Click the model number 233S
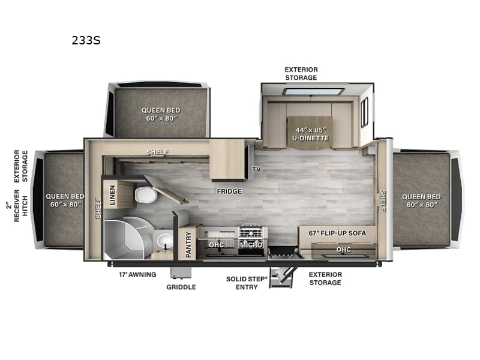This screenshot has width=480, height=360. tap(86, 40)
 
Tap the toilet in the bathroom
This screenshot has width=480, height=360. tap(146, 194)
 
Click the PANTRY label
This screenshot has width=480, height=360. tap(188, 244)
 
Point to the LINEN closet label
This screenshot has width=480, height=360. tap(112, 194)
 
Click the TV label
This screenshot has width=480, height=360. tap(257, 169)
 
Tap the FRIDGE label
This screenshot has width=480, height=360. tap(229, 191)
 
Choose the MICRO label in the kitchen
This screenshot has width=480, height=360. tap(251, 245)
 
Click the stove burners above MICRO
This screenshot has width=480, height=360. tap(251, 232)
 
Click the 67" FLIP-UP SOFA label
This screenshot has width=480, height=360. tap(337, 233)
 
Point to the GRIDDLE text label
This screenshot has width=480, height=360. tap(181, 287)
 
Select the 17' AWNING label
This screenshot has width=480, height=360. tap(137, 275)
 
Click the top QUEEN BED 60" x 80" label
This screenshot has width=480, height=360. tap(161, 114)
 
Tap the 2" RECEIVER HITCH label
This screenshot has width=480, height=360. tap(17, 206)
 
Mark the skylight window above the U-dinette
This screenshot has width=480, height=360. tap(314, 92)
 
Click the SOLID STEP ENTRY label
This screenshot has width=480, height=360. tap(247, 283)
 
